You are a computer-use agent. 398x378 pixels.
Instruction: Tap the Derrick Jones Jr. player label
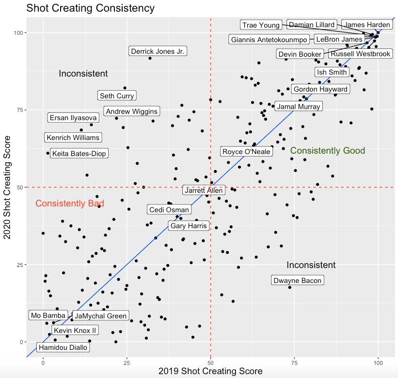pos(158,51)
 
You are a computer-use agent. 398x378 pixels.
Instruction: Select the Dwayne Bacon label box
pos(297,281)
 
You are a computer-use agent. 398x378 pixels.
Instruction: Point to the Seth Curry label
pos(116,96)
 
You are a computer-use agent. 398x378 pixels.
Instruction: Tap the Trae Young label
pos(261,25)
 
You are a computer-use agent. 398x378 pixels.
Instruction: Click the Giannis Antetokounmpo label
pos(269,40)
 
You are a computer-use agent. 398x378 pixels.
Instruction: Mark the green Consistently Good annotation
pos(327,151)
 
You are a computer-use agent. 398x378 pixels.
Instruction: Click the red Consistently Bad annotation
pos(70,204)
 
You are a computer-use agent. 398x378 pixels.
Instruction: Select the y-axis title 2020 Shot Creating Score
pos(7,187)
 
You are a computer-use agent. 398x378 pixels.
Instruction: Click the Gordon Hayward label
pos(320,89)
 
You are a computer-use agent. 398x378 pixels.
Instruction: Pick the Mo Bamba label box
pos(48,315)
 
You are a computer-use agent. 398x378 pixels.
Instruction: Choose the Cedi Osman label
pos(169,210)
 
